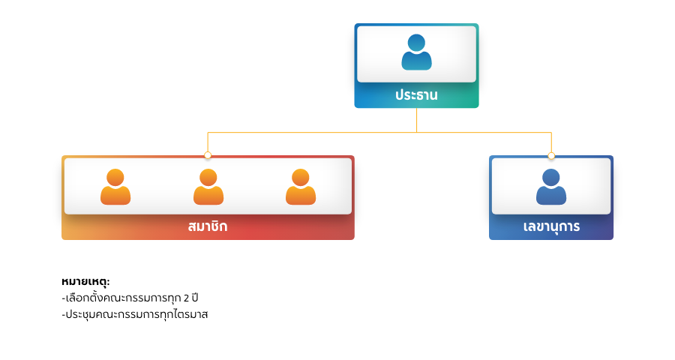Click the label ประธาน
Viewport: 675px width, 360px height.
416,95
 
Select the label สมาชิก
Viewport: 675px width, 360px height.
208,226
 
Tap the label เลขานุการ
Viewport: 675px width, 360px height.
551,226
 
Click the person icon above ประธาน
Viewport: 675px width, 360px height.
416,52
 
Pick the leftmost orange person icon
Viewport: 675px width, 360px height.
115,187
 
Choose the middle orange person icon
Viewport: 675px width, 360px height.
208,187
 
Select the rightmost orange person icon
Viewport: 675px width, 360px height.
301,187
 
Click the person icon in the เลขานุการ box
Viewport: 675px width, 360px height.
551,187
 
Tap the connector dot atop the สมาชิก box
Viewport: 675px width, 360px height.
208,155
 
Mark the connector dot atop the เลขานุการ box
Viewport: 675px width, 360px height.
551,155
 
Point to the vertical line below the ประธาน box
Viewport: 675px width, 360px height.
417,120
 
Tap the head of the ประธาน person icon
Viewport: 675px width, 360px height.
416,43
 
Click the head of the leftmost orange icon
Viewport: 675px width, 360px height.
115,177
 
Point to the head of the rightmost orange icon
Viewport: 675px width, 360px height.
301,177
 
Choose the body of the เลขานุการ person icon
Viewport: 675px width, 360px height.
551,196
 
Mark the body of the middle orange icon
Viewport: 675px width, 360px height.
208,196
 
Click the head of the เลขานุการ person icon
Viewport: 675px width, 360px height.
551,177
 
